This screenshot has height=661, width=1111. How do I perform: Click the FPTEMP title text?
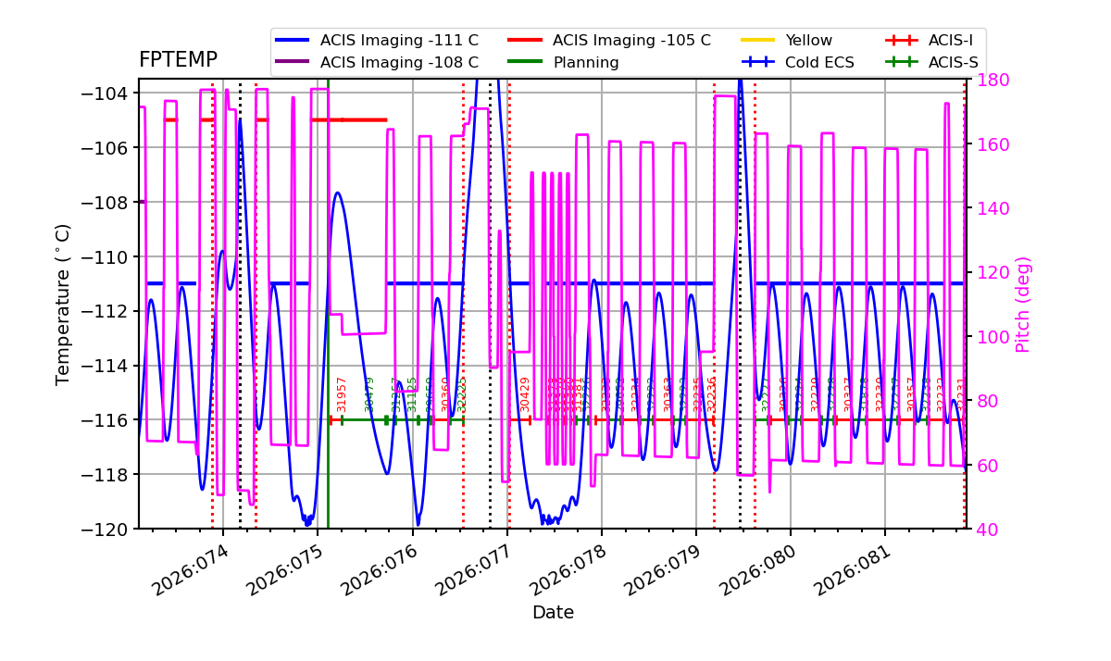178,60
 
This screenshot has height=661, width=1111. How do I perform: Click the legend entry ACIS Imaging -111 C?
399,41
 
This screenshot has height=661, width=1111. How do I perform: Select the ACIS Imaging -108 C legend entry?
399,63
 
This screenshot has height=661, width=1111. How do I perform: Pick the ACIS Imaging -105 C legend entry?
631,41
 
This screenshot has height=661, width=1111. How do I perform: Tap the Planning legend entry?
586,63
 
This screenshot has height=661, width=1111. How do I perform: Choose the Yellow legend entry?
808,41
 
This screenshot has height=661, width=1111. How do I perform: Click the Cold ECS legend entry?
819,63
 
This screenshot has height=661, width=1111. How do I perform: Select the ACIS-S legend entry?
953,63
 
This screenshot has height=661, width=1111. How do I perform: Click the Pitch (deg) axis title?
1023,304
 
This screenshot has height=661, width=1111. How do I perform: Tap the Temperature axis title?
63,304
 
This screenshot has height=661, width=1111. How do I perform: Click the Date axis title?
553,613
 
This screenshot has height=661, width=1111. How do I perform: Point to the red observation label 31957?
342,393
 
